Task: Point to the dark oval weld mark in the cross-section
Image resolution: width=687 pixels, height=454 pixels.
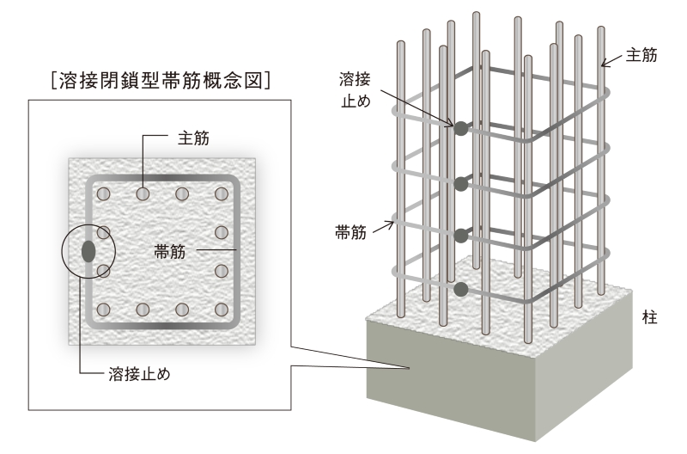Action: pyautogui.click(x=88, y=251)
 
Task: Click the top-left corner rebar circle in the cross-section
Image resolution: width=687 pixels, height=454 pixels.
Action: pyautogui.click(x=104, y=193)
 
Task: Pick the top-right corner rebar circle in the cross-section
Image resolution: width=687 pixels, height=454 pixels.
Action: pyautogui.click(x=222, y=193)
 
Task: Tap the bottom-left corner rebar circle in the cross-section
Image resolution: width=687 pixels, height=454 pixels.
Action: pyautogui.click(x=104, y=310)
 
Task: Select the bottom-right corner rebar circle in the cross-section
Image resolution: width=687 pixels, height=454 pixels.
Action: pyautogui.click(x=222, y=310)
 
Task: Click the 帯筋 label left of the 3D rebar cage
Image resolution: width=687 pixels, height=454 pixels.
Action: pyautogui.click(x=353, y=232)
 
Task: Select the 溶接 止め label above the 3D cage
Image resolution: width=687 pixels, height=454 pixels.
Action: pyautogui.click(x=353, y=89)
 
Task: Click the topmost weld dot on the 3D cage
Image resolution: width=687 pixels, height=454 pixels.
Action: pyautogui.click(x=461, y=129)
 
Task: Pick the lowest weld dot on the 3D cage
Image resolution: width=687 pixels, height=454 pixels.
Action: pyautogui.click(x=461, y=290)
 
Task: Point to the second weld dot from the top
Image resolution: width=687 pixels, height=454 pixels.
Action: pyautogui.click(x=461, y=183)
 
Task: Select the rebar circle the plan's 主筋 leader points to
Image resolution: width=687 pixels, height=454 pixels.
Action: pyautogui.click(x=143, y=193)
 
